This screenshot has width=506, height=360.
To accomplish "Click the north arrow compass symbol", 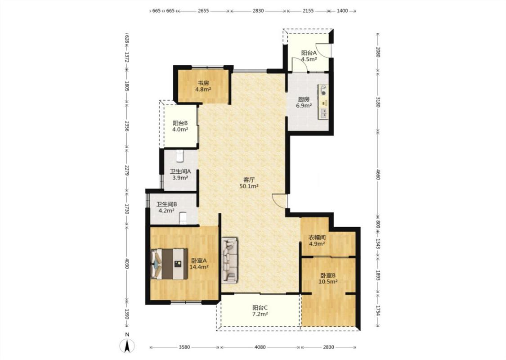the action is (x=128, y=346).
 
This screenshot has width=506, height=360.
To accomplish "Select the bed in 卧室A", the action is (x=169, y=264).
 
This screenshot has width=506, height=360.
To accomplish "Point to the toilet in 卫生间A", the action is (x=180, y=156).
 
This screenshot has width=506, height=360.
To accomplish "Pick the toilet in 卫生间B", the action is (x=183, y=218).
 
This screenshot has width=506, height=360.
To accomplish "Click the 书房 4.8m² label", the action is (x=203, y=86).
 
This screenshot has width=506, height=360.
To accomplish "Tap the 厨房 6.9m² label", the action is (x=304, y=102).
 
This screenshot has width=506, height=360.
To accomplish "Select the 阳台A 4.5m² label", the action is (x=309, y=56).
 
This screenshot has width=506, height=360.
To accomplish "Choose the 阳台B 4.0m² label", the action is (x=180, y=126).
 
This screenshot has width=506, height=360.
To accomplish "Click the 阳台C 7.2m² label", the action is (x=260, y=310).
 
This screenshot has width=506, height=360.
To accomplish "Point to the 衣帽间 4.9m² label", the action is (x=317, y=241).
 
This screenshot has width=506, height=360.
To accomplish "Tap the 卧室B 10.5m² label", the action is (x=328, y=278).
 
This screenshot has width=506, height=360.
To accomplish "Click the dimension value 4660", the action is (x=378, y=176).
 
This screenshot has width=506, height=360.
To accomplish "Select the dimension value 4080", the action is (x=260, y=347).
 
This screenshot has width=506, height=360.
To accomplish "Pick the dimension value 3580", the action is (x=184, y=347).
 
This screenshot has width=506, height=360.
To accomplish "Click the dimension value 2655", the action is (x=203, y=11).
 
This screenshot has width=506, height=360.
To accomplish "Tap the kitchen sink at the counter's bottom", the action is (x=323, y=112).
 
